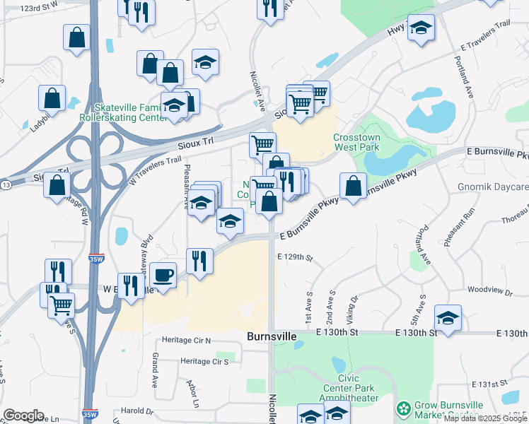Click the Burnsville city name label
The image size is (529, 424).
pyautogui.click(x=272, y=337)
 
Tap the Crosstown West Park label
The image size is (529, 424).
pyautogui.click(x=356, y=142)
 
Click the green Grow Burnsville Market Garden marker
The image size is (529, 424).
pyautogui.click(x=403, y=408)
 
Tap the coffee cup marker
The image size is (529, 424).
pyautogui.click(x=163, y=276)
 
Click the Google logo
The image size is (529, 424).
pyautogui.click(x=23, y=416)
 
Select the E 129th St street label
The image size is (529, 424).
pyautogui.click(x=295, y=258)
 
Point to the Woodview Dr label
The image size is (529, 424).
pyautogui.click(x=484, y=290)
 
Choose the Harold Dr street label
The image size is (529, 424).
pyautogui.click(x=136, y=411)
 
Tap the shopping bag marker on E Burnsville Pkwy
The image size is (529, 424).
pyautogui.click(x=353, y=186)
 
